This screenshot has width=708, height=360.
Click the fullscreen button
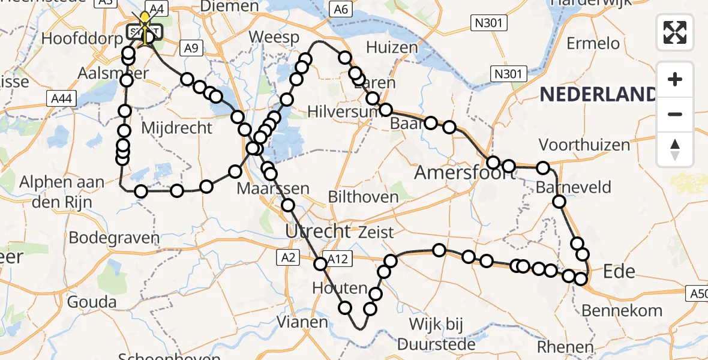pyautogui.click(x=675, y=32)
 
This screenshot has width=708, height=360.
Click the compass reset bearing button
pyautogui.click(x=675, y=149)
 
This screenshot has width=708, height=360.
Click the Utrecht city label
pyautogui.click(x=318, y=231)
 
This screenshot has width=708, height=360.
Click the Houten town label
pyautogui.click(x=340, y=289)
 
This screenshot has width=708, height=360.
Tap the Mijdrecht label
pyautogui.click(x=177, y=128)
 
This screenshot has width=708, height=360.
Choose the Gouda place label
pyautogui.click(x=92, y=302)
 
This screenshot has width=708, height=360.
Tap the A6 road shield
pyautogui.click(x=340, y=9)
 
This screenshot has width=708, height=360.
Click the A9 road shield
pyautogui.click(x=191, y=49)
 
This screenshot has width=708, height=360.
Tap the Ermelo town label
pyautogui.click(x=593, y=43)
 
